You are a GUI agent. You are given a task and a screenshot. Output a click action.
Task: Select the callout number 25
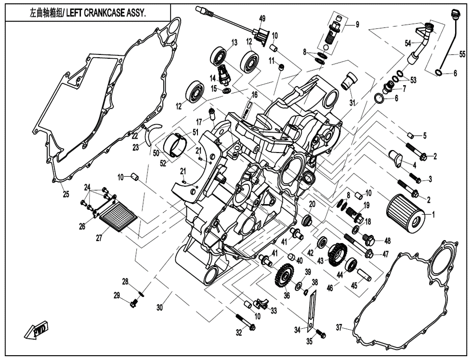click(x=66, y=194)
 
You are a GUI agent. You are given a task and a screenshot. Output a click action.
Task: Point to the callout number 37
click(x=339, y=328)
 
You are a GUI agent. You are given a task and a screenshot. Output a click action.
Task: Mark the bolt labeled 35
click(x=320, y=333)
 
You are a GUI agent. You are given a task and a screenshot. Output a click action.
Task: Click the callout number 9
click(x=357, y=25)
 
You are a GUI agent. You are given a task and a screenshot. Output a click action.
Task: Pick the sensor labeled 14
click(x=223, y=75)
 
